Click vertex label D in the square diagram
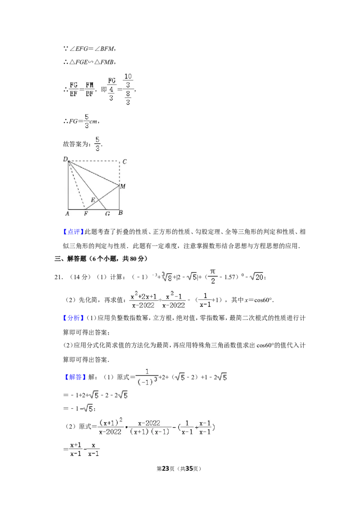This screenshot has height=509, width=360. (x=65, y=159)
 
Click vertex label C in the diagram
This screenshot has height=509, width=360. (x=125, y=162)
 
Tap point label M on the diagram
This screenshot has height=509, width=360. (x=123, y=186)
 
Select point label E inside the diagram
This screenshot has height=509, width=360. (x=93, y=200)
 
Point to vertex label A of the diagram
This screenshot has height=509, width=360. (x=67, y=214)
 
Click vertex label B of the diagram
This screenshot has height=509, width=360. (x=121, y=213)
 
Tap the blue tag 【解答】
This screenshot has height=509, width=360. (x=76, y=377)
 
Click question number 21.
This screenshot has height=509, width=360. (x=58, y=277)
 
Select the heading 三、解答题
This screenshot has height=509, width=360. (x=71, y=259)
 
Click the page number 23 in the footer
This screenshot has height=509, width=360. (x=166, y=469)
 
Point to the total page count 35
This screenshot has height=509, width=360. (x=189, y=469)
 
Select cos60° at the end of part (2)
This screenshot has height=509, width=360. (x=263, y=300)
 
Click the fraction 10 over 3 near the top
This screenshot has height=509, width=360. (x=128, y=81)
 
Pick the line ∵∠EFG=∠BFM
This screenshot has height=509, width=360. (x=90, y=49)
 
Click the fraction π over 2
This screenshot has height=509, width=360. (x=212, y=276)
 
